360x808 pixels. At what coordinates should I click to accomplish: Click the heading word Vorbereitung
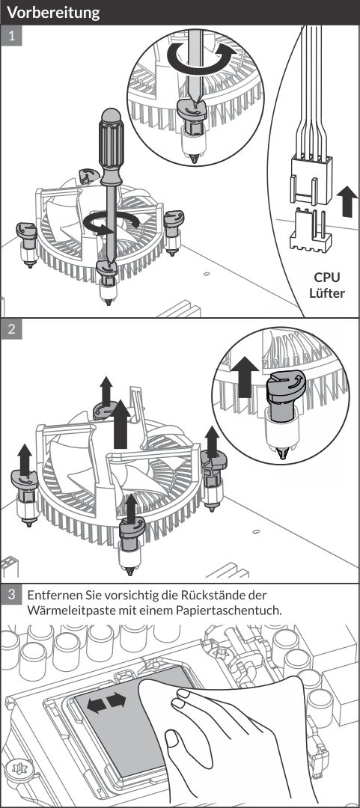tap(53, 13)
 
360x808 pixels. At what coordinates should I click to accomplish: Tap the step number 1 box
tap(11, 36)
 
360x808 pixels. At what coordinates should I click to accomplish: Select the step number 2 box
tap(11, 328)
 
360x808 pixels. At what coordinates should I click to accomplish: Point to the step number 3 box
tap(11, 595)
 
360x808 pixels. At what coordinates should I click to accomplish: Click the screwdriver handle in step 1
tap(112, 147)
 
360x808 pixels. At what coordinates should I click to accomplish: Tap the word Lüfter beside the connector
tap(326, 293)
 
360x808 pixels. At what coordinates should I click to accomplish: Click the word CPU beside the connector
tap(326, 278)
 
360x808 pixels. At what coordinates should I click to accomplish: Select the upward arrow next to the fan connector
tap(346, 201)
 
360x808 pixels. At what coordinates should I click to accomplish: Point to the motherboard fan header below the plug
tap(311, 230)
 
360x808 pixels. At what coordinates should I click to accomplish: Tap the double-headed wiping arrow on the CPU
tap(106, 703)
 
